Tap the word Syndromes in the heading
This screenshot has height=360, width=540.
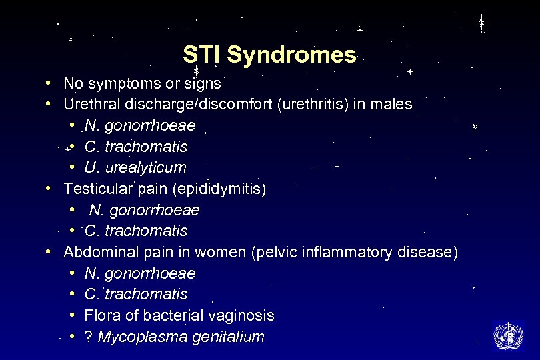[x=292, y=55]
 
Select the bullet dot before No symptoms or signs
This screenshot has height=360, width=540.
[x=49, y=83]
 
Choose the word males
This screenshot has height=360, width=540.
[x=394, y=104]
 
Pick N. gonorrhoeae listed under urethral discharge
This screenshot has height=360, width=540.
[x=140, y=125]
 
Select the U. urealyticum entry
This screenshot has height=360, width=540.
[x=135, y=167]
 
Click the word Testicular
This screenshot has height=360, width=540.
[x=99, y=189]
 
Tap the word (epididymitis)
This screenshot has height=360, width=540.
[x=219, y=189]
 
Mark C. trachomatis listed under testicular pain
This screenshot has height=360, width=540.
[x=136, y=231]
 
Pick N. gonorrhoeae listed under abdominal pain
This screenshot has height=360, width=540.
[x=140, y=273]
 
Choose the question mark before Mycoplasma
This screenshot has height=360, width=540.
[x=89, y=337]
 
